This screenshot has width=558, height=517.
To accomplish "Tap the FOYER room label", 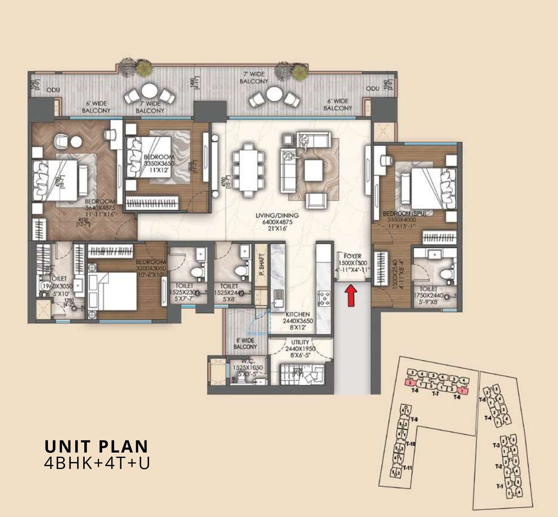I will click(352, 256).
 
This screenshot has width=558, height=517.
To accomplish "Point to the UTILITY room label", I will click(300, 342).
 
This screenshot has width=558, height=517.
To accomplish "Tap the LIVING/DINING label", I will click(277, 216).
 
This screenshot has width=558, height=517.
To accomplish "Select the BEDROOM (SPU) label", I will click(404, 214).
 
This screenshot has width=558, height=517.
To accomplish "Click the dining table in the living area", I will click(248, 169).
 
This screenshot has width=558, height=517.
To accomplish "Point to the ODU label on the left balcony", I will click(53, 90).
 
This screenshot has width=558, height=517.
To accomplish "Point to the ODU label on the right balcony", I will click(373, 89).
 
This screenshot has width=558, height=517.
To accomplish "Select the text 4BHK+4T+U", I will click(97, 463).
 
